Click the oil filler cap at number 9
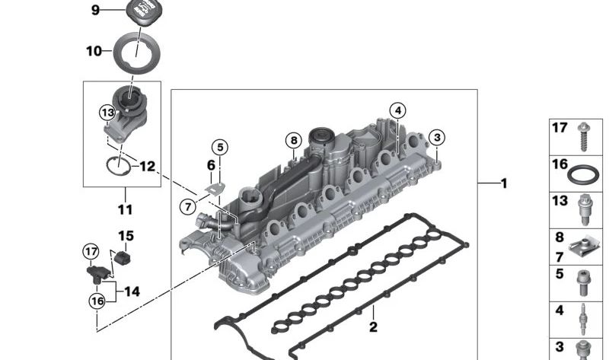142,11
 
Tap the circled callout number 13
107,113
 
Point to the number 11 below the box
125,210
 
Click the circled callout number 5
220,148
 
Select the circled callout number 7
188,206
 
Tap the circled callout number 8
294,140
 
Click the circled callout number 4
397,111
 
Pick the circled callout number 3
437,137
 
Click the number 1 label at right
504,183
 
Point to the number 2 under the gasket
373,327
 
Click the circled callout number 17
91,252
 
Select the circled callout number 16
97,301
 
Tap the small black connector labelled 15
123,257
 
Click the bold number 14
132,292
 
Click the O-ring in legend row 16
583,175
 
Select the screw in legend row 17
583,137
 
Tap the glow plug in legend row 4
582,319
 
